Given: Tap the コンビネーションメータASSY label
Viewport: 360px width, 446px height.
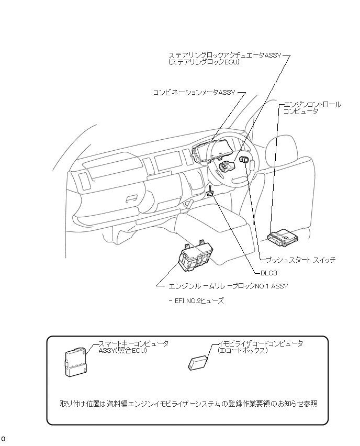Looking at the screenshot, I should click(x=194, y=92).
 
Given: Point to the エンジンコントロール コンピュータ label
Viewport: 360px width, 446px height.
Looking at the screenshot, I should click(x=312, y=108).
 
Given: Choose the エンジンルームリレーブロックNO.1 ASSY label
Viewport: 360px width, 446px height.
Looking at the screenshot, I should click(x=228, y=286).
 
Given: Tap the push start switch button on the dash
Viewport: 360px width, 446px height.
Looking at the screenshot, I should click(x=244, y=160).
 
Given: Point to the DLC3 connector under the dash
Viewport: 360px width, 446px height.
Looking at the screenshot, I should click(x=210, y=192).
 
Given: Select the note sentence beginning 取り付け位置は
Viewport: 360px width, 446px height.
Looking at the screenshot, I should click(x=188, y=404).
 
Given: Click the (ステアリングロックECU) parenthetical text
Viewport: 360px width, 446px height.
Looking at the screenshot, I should click(x=204, y=62).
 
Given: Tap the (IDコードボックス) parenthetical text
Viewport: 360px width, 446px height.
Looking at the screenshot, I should click(x=243, y=350).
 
